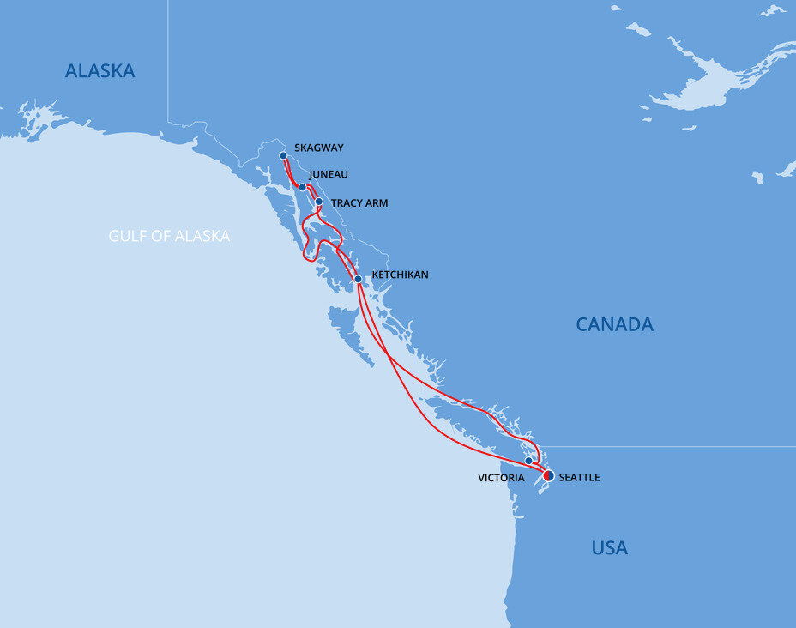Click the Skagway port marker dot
click(x=283, y=156)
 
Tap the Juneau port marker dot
click(x=302, y=187)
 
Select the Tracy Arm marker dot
click(x=319, y=202)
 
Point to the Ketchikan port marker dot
click(x=358, y=279)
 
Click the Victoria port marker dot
click(x=528, y=461)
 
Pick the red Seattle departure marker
click(x=549, y=475)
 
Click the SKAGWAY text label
click(x=318, y=148)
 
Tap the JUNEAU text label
click(x=329, y=175)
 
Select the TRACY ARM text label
click(x=359, y=204)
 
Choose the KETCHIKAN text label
click(x=400, y=275)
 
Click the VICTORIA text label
click(x=502, y=478)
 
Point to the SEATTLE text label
click(x=579, y=478)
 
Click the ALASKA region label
click(x=100, y=71)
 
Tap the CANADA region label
click(x=614, y=324)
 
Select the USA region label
click(x=609, y=547)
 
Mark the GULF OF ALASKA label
click(x=169, y=236)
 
